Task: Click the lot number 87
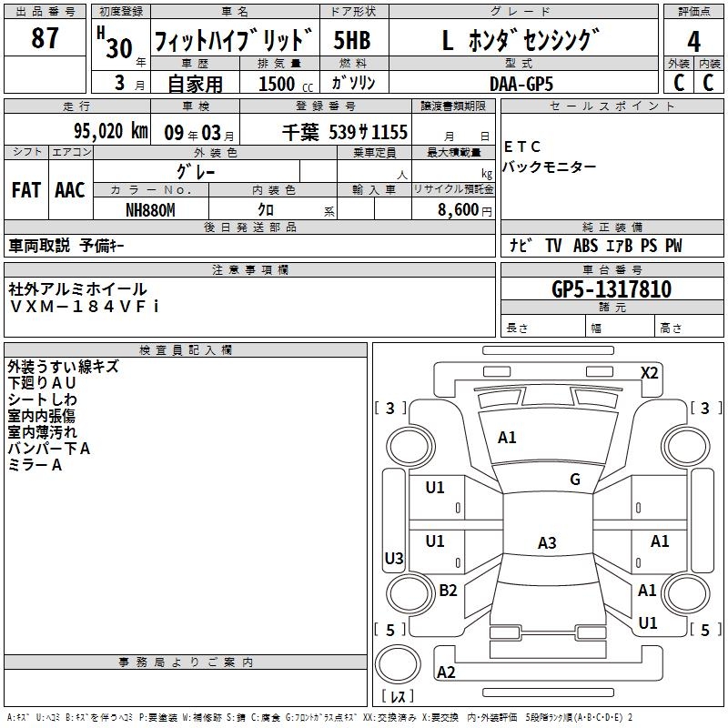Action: (45, 38)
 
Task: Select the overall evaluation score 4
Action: (693, 41)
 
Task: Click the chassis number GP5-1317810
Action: (612, 289)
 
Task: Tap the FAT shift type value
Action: (26, 190)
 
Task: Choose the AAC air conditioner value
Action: (70, 190)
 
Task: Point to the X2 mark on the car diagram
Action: (650, 373)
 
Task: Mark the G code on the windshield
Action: (575, 480)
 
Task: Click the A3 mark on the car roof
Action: (547, 543)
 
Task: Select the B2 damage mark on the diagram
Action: (449, 591)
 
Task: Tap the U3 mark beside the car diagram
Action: (394, 559)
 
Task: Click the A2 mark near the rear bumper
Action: (446, 672)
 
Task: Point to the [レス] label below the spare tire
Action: (397, 696)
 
